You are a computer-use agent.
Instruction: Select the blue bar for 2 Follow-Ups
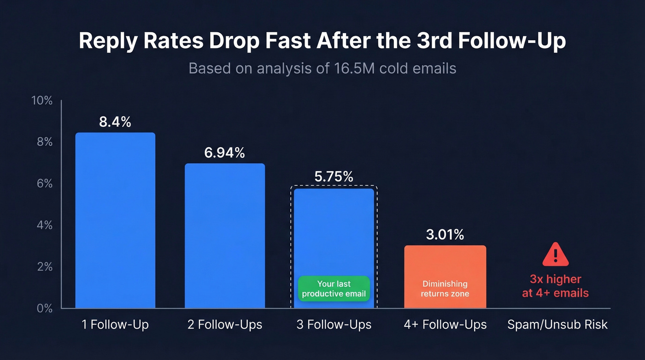[x=225, y=236]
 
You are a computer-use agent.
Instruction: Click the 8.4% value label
[x=115, y=122]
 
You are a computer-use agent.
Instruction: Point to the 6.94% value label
[x=225, y=153]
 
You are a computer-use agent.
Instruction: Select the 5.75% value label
[x=334, y=177]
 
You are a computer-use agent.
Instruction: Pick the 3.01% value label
[x=445, y=235]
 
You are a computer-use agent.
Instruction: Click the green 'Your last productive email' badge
[x=334, y=289]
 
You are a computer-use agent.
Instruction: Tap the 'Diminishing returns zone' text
[x=445, y=288]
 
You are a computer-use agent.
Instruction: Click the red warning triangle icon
[x=555, y=255]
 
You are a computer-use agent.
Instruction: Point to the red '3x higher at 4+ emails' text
[x=555, y=286]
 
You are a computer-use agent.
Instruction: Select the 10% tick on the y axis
[x=42, y=100]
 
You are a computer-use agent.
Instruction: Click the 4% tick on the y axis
[x=45, y=225]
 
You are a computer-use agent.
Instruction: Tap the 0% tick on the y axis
[x=45, y=308]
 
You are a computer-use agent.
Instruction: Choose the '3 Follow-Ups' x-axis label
[x=334, y=325]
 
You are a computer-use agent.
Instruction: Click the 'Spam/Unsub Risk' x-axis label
[x=557, y=325]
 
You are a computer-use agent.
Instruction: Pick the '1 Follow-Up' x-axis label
[x=115, y=325]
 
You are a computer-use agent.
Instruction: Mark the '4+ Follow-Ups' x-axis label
[x=445, y=325]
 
